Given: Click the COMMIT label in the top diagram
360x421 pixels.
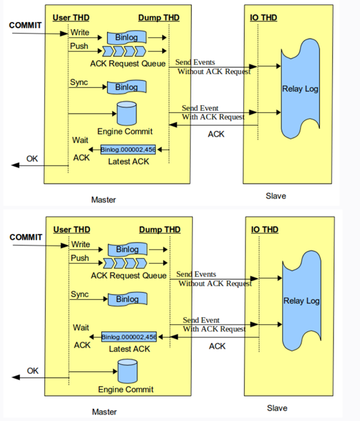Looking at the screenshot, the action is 25,25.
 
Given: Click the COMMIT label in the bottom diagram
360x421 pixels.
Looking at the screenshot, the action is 26,237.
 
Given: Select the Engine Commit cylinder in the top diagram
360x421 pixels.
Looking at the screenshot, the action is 127,113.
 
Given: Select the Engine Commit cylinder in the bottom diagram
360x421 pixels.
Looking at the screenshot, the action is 128,371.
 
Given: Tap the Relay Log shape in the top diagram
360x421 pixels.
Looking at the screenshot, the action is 300,88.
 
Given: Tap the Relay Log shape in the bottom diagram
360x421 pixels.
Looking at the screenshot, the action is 301,300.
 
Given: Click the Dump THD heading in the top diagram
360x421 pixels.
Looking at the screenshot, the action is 159,17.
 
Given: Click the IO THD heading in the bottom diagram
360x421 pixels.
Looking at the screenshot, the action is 265,230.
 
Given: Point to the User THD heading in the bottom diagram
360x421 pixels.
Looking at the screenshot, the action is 71,230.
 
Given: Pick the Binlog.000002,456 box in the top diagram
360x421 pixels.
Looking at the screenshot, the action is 128,150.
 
